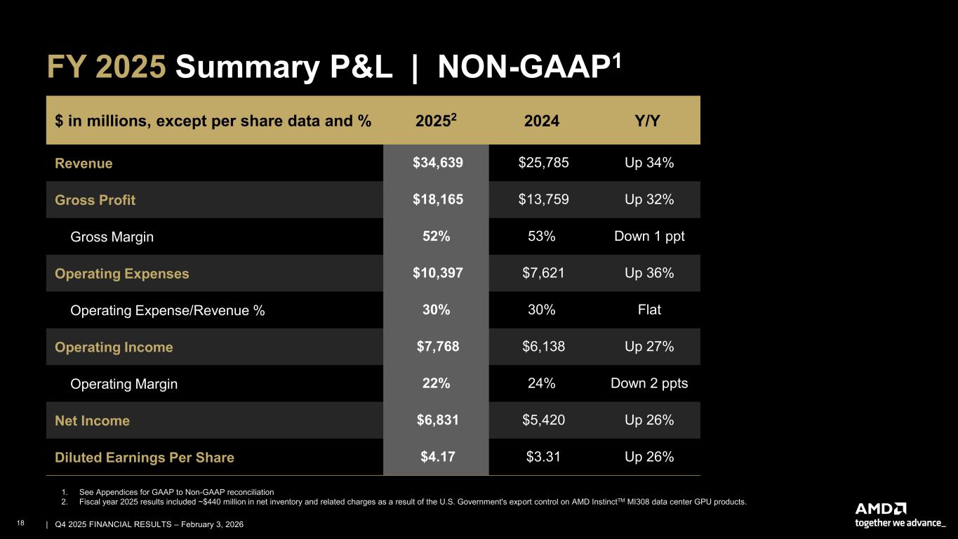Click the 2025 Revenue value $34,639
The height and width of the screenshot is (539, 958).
tap(436, 164)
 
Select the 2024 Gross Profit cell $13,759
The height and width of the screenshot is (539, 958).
tap(543, 200)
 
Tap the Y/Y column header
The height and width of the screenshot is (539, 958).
tap(649, 121)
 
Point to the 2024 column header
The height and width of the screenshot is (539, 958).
tap(542, 121)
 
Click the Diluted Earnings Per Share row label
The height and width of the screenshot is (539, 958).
tap(145, 458)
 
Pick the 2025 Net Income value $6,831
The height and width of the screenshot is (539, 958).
tap(436, 420)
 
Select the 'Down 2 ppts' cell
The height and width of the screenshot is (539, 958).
tap(649, 384)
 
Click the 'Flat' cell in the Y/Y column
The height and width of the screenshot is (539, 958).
tap(649, 310)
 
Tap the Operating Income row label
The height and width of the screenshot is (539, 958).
tap(114, 347)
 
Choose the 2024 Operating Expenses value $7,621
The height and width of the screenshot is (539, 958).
tap(543, 273)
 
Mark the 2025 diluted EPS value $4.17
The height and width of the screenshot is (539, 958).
tap(436, 458)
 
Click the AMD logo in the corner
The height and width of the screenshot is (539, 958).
tap(881, 508)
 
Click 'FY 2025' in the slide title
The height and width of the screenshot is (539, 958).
tap(107, 67)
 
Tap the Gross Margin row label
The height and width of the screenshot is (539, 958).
tap(112, 237)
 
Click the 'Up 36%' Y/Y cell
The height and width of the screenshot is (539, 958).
tap(649, 273)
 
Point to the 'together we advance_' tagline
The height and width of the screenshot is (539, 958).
tap(900, 523)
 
